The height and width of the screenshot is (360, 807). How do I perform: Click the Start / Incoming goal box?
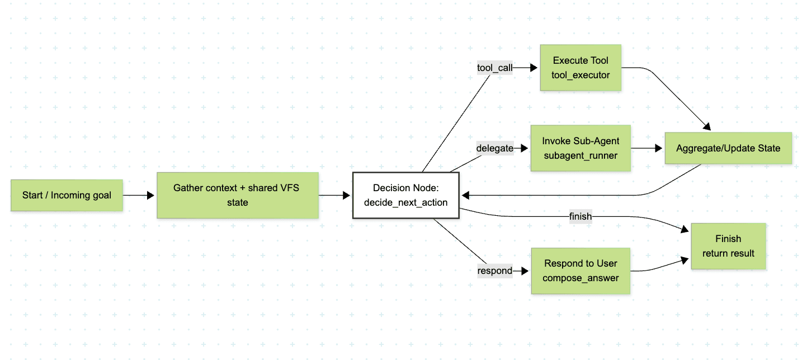pos(67,195)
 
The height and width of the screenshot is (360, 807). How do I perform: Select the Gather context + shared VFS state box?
pos(238,195)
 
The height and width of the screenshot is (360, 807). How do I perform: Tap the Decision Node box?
pos(405,195)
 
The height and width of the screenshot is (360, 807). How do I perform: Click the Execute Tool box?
pos(581,68)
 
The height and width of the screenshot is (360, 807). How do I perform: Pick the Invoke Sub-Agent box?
pos(581,148)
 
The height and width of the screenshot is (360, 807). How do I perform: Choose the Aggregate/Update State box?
pos(728,148)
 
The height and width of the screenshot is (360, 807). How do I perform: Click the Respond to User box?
pos(581,271)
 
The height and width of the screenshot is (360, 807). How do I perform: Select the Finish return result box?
pos(728,246)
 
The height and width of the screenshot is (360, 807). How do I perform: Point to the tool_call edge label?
pos(494,68)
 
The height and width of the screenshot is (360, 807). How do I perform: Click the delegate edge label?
pos(494,148)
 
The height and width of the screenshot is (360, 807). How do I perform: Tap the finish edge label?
pos(580,216)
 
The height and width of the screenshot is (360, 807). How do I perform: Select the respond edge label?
pos(494,271)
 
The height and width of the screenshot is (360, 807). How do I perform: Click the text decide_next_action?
pos(405,202)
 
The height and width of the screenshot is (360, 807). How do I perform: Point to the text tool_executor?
pos(581,75)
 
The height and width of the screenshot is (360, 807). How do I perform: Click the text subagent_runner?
pos(581,155)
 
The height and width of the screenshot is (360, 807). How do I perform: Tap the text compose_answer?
pos(581,278)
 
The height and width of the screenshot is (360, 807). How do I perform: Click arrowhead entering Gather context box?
pos(151,195)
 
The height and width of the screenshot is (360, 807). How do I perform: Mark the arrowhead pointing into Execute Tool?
pos(534,68)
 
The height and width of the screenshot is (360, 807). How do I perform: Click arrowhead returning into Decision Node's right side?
pos(465,195)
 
